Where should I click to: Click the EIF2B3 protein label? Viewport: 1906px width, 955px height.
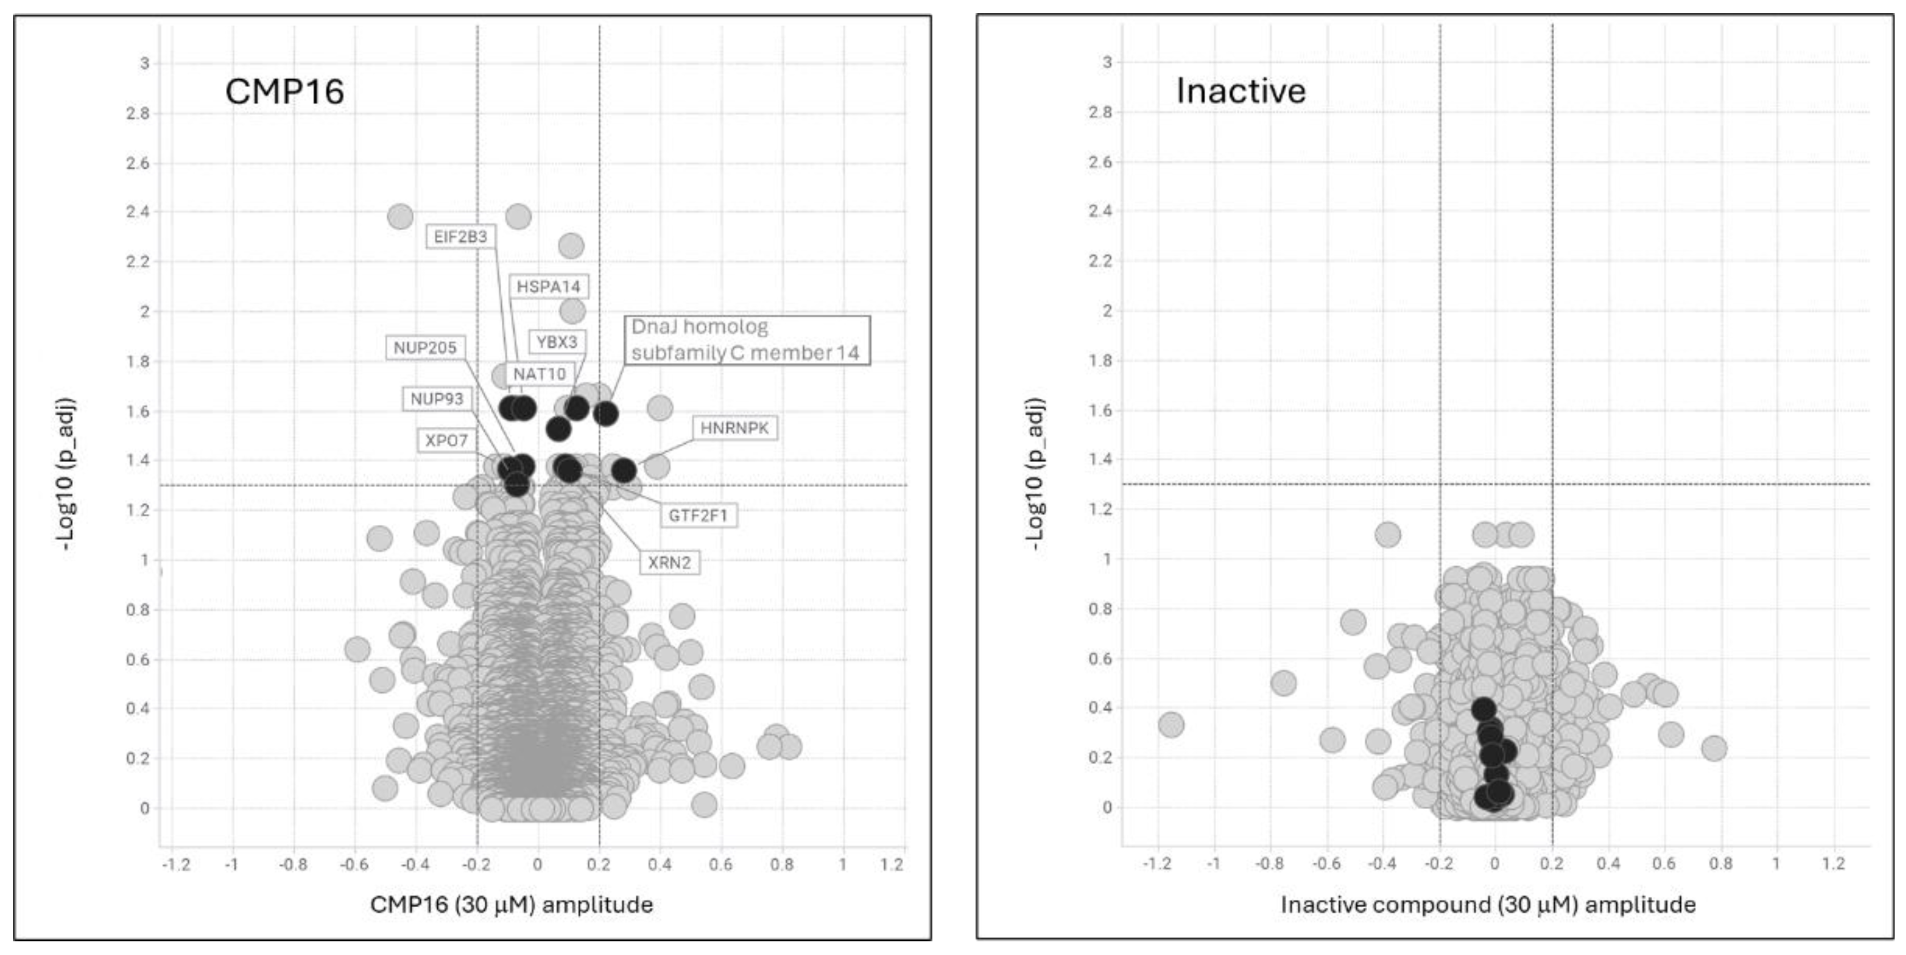(x=460, y=236)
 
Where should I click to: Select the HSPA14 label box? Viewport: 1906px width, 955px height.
(x=548, y=286)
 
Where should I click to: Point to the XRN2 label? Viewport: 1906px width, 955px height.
(x=669, y=562)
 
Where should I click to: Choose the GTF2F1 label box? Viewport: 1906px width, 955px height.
(x=698, y=515)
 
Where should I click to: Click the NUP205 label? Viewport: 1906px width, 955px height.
(x=425, y=348)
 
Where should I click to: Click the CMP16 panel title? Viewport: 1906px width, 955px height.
(x=284, y=92)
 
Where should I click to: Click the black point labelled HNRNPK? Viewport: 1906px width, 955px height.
(x=624, y=470)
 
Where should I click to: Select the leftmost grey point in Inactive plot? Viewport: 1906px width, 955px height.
(x=1171, y=724)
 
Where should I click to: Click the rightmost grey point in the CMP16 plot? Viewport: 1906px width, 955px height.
(x=790, y=746)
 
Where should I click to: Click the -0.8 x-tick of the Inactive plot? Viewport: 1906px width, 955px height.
(x=1270, y=863)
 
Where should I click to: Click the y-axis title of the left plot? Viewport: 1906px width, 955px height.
(x=65, y=474)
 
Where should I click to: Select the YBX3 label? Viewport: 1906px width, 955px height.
(x=556, y=342)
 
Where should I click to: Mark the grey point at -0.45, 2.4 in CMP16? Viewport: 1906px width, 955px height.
(x=400, y=217)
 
